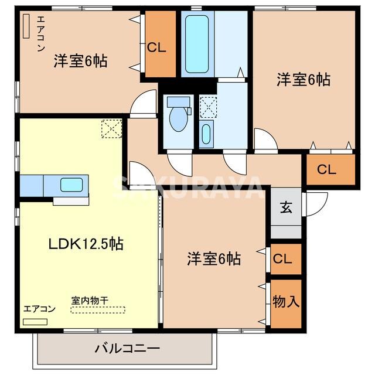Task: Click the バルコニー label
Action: [127, 349]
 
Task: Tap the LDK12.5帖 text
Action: [86, 244]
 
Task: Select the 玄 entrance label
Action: [286, 207]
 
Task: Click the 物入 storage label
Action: [286, 302]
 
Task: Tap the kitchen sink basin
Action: [73, 185]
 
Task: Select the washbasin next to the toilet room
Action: [206, 134]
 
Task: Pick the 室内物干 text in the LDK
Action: [90, 300]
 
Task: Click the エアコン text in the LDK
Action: [39, 309]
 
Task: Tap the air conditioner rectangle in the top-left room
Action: [26, 26]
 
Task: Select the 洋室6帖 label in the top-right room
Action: [303, 80]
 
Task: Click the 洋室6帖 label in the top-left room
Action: [81, 60]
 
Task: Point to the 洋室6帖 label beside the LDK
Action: [214, 258]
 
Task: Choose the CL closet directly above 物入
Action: [285, 258]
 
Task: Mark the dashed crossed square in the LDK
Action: [111, 128]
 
